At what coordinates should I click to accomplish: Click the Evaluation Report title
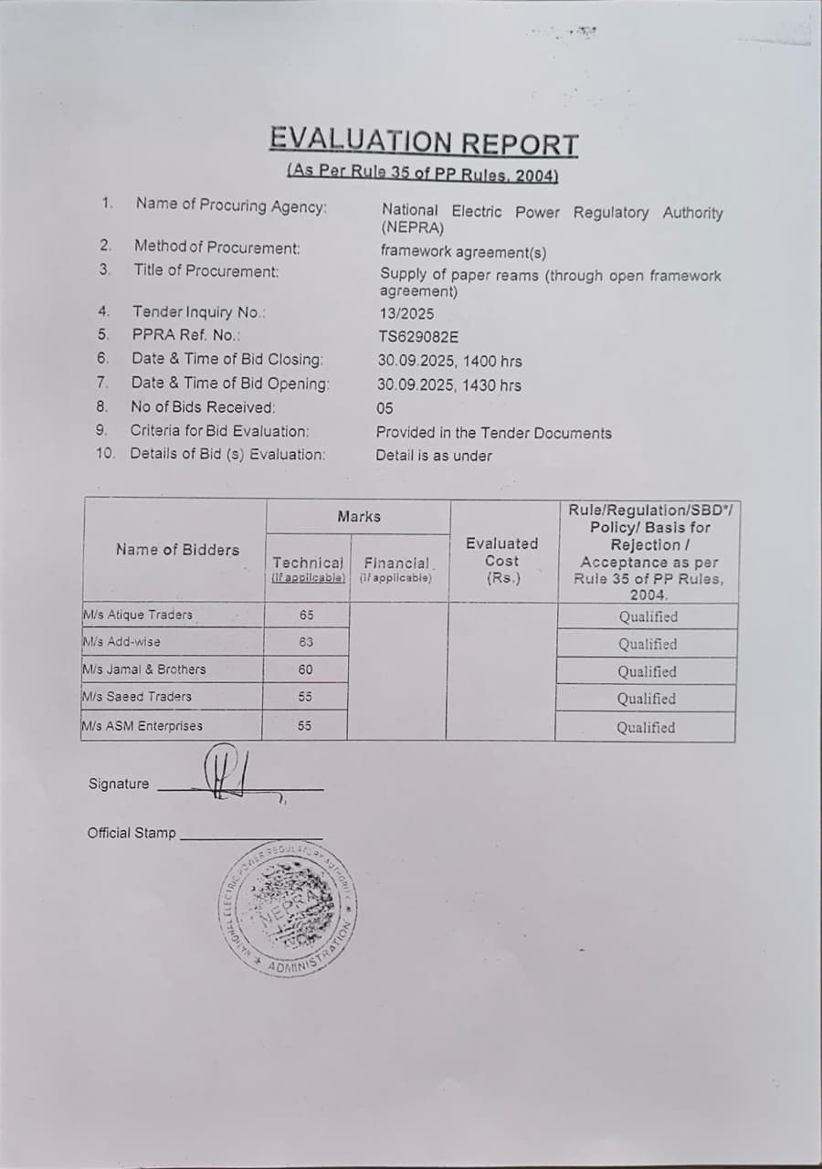click(x=424, y=143)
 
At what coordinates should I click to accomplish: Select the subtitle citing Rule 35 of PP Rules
click(x=422, y=173)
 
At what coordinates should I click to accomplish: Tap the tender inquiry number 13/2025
click(x=406, y=313)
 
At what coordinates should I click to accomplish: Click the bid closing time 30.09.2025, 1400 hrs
click(x=449, y=362)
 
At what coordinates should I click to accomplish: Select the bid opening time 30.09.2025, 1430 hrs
click(x=449, y=385)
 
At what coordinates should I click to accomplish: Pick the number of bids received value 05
click(x=385, y=409)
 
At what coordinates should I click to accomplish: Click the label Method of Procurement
click(x=216, y=247)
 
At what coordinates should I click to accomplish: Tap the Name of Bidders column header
click(x=177, y=550)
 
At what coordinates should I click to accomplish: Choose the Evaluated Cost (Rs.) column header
click(x=502, y=561)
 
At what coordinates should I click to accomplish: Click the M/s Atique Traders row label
click(x=138, y=615)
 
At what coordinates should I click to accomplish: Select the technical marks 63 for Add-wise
click(x=306, y=642)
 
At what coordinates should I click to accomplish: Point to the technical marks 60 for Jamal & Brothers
click(x=306, y=669)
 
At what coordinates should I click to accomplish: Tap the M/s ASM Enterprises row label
click(x=142, y=726)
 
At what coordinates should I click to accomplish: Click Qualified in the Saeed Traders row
click(x=647, y=699)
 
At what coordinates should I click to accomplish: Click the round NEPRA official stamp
click(x=287, y=906)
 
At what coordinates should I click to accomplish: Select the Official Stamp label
click(x=132, y=833)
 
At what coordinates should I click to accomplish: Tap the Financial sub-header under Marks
click(x=396, y=563)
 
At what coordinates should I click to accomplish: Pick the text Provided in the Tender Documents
click(x=494, y=433)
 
